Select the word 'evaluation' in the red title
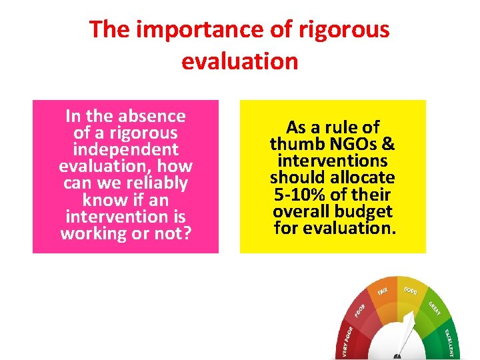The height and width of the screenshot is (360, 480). [x=239, y=61]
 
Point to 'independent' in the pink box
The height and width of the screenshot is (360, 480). [x=125, y=150]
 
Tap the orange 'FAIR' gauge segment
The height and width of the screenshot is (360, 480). [x=384, y=291]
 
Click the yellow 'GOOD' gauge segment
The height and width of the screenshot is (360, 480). [x=411, y=291]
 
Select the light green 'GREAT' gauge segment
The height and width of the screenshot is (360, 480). [x=435, y=307]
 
